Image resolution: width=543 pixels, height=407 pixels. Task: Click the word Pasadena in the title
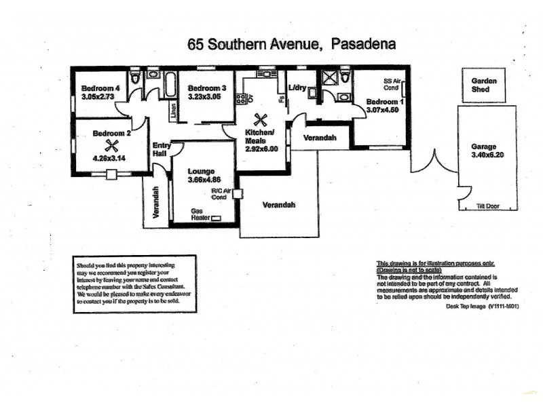coord(364,44)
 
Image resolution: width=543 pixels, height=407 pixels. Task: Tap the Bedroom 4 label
coord(100,88)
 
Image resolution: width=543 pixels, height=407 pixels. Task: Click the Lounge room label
coord(202,171)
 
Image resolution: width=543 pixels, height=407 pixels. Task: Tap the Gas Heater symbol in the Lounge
coord(217,218)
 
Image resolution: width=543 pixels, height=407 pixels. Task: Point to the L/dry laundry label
coord(297,88)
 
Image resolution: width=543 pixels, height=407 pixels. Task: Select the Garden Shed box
coord(485,85)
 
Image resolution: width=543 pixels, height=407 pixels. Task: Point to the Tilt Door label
coord(488,205)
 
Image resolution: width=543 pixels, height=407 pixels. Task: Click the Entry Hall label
coord(162,149)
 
